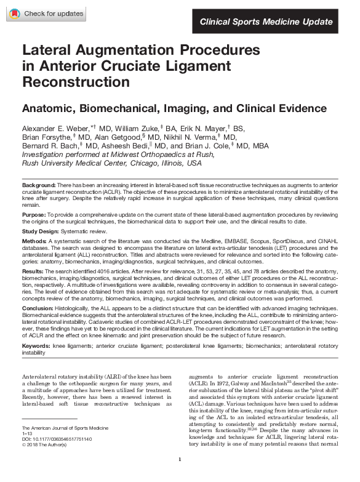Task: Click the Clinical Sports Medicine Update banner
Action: point(266,22)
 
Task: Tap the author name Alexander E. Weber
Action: point(56,127)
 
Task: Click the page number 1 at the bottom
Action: point(179,476)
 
